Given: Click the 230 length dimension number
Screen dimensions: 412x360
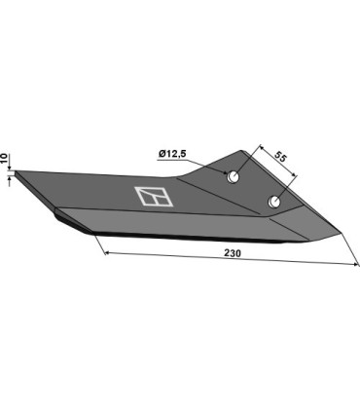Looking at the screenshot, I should click(234, 253).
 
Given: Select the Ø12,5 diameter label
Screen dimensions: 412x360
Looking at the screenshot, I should click(170, 152).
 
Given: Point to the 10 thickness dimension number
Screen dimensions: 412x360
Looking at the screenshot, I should click(6, 157).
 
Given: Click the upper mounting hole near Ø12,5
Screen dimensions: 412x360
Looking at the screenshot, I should click(234, 176).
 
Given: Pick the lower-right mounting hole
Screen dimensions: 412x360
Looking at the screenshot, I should click(275, 203).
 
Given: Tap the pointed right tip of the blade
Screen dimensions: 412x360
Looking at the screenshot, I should click(340, 233).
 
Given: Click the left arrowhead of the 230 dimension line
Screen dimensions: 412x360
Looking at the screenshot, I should click(104, 250).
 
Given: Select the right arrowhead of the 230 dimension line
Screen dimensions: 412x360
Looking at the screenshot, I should click(352, 265).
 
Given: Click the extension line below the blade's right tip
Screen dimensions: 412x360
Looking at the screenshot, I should click(346, 250).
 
